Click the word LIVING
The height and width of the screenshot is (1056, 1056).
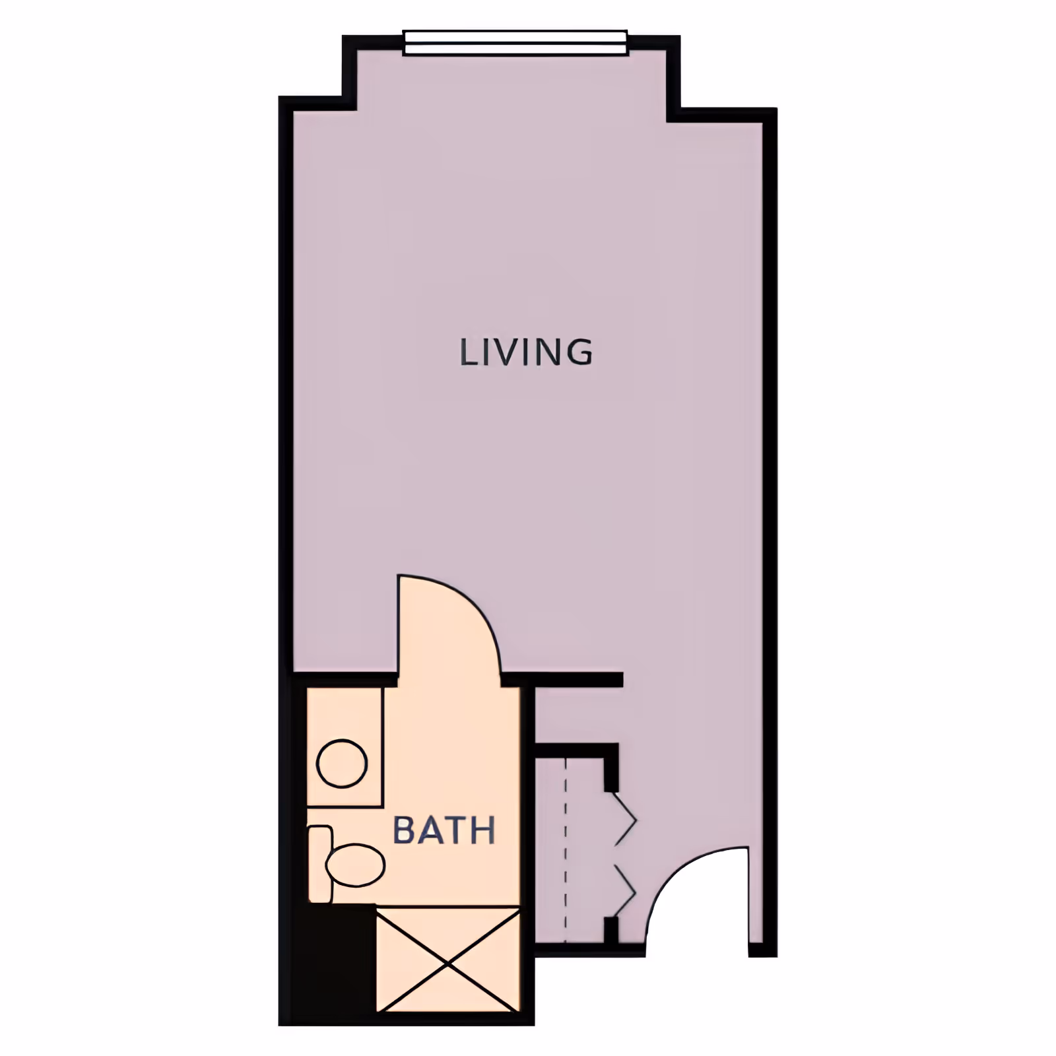point(525,352)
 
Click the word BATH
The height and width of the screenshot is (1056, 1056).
point(444,831)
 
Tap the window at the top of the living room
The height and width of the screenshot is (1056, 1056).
point(515,44)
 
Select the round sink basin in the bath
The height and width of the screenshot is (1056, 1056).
point(342,763)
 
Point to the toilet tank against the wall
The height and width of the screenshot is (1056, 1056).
point(319,863)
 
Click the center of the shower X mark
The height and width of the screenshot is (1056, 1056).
point(448,964)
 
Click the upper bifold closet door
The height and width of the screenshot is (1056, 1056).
point(623,820)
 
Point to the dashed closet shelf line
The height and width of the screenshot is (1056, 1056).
point(566,851)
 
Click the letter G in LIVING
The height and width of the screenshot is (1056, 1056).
point(578,352)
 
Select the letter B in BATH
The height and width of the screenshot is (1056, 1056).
point(404,831)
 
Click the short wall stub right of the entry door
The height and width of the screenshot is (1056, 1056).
point(762,951)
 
